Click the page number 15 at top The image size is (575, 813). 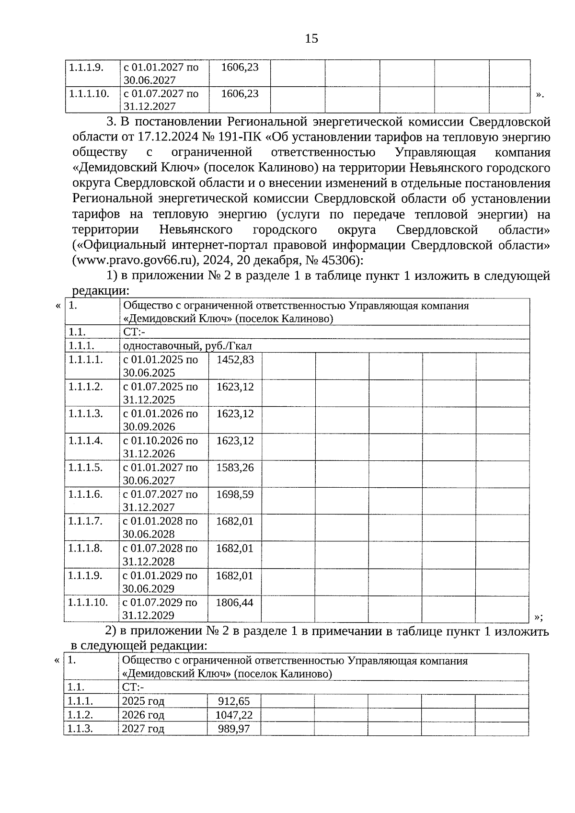pos(311,38)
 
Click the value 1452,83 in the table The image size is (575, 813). pos(235,360)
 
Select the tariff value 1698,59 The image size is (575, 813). pos(235,494)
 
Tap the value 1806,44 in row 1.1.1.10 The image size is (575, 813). pos(234,602)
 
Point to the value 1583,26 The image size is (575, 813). pos(235,467)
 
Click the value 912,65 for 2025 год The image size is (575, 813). pos(234,701)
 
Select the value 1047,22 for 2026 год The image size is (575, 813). pos(234,715)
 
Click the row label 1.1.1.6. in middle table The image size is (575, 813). pos(85,494)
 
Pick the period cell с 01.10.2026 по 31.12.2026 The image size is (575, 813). pos(161,447)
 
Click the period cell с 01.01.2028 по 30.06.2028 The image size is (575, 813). pos(160,527)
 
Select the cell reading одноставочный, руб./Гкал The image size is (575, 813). pos(187,346)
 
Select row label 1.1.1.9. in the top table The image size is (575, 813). pos(86,67)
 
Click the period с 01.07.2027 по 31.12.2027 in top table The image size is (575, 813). pos(161,100)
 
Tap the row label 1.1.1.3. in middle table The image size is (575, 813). pos(85,413)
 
